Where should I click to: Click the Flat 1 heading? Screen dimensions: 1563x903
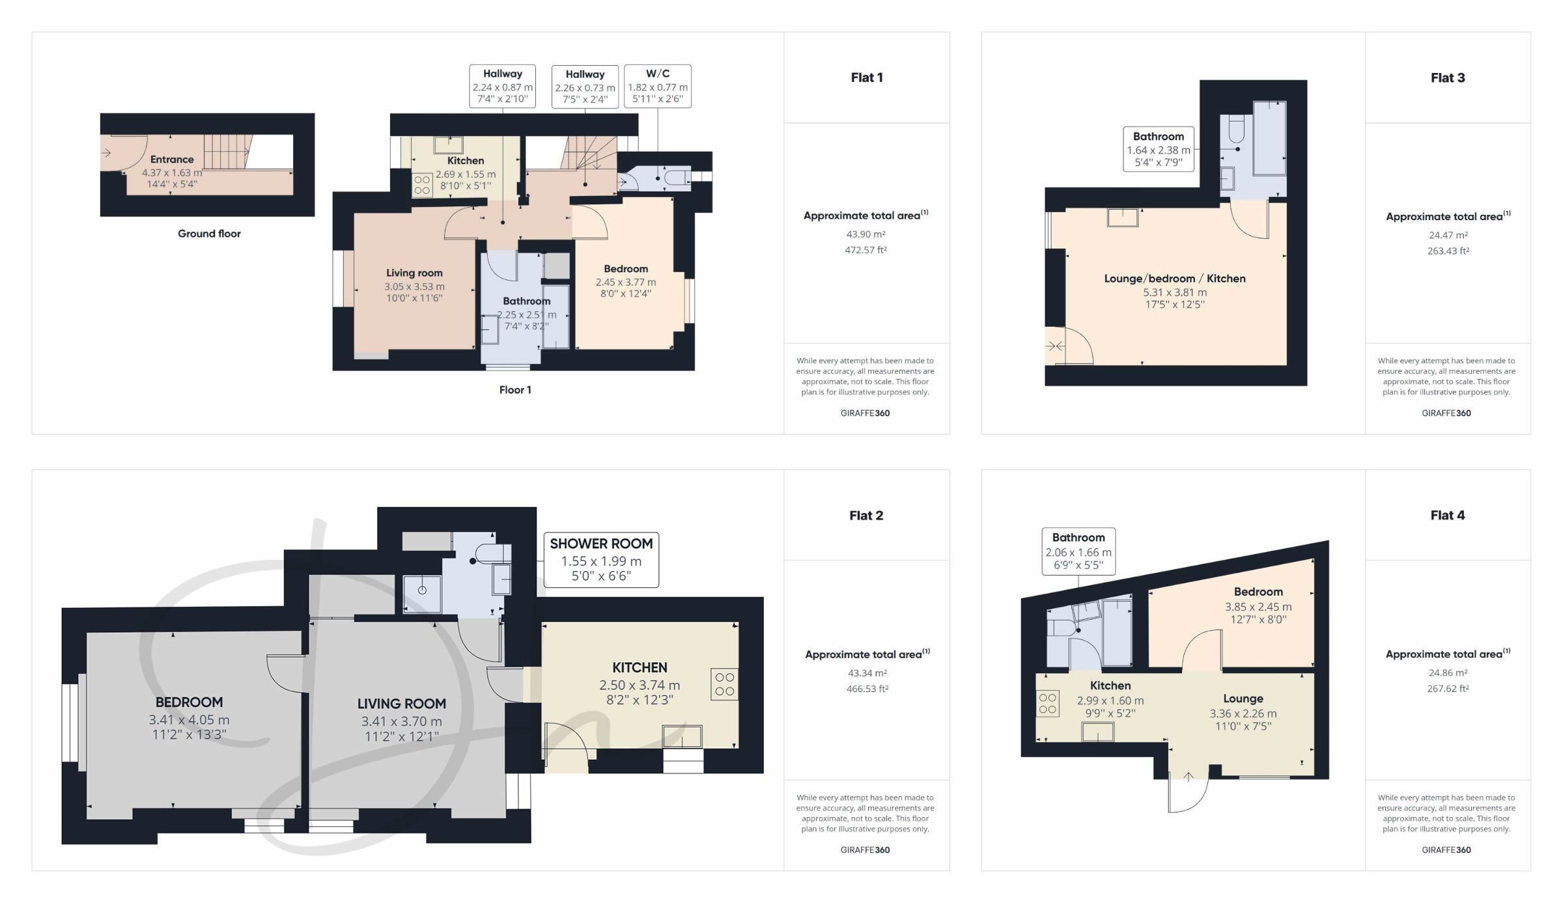[867, 77]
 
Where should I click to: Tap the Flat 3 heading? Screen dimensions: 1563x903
[1448, 78]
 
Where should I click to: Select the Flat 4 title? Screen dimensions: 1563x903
[1448, 515]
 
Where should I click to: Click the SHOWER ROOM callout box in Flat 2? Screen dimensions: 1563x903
[601, 560]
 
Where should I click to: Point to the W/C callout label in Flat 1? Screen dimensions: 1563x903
[658, 86]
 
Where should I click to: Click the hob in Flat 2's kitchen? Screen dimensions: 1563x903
[724, 684]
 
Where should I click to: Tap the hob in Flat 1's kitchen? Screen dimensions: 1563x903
[422, 185]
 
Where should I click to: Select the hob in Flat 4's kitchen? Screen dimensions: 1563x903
[1047, 703]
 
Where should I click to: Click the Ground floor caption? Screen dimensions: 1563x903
[209, 234]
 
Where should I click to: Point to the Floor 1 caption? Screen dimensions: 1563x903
[515, 390]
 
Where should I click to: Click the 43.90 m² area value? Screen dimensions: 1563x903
[866, 234]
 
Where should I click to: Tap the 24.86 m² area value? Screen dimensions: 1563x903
[1448, 673]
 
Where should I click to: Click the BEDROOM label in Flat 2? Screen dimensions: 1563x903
[189, 702]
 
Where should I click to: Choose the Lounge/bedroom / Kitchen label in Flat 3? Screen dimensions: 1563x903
[1175, 279]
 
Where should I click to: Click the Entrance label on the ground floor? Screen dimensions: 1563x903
[172, 160]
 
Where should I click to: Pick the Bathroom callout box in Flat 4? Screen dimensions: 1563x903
[1078, 551]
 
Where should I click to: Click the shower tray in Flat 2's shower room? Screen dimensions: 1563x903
[422, 594]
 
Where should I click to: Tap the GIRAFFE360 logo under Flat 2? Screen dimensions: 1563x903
[865, 850]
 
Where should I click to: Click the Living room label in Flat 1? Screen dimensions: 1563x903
[414, 273]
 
